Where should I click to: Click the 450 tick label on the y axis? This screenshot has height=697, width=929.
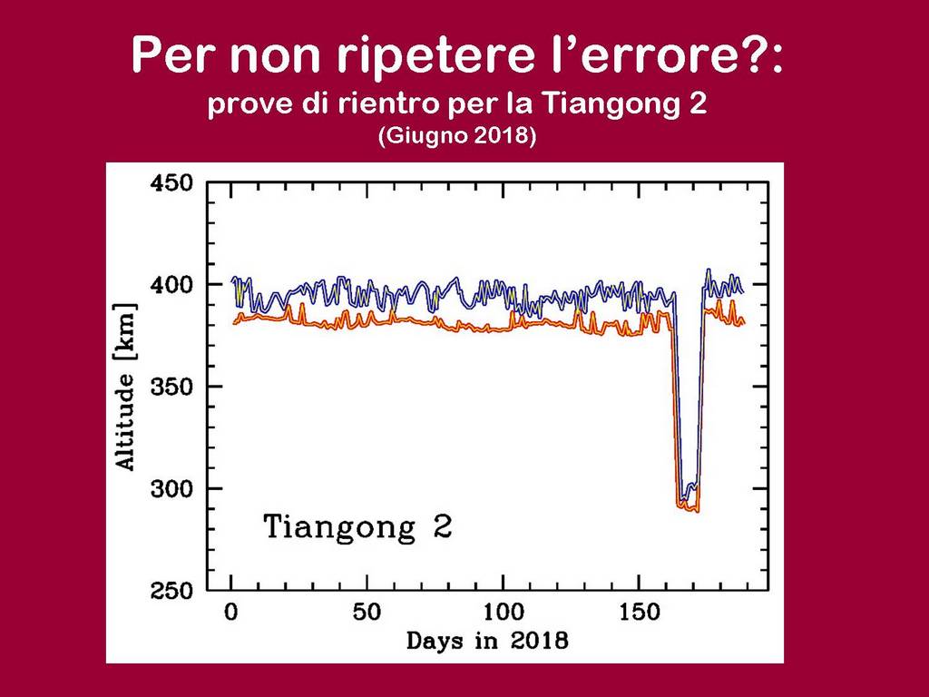click(x=171, y=182)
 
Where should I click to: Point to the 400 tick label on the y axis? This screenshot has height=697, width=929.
click(x=171, y=285)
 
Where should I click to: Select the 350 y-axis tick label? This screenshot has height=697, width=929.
click(x=171, y=387)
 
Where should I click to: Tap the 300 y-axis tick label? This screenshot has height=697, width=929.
click(x=171, y=489)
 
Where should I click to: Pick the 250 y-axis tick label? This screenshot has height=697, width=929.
click(x=171, y=591)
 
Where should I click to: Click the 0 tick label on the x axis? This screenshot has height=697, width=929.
click(x=231, y=613)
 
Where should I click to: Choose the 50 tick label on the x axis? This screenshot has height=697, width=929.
click(x=367, y=613)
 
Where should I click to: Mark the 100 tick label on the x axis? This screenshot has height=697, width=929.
click(x=503, y=613)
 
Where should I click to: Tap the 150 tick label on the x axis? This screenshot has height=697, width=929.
click(x=640, y=613)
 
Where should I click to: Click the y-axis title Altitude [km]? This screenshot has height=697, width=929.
click(x=125, y=388)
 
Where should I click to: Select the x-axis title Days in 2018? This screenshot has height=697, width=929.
click(x=487, y=641)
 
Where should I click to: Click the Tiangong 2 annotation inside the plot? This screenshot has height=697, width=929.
click(x=357, y=526)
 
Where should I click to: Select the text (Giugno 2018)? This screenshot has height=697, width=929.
click(x=457, y=136)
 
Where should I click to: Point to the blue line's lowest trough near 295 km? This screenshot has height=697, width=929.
click(x=684, y=498)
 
